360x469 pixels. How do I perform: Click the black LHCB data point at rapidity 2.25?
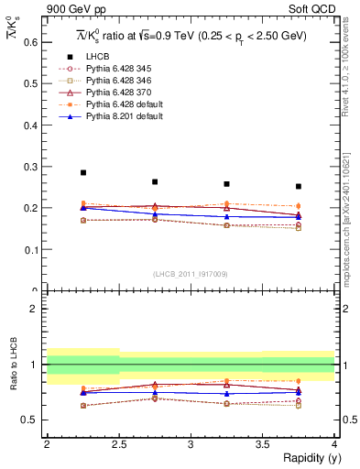(x=83, y=172)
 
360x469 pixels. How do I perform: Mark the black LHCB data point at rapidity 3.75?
(x=299, y=186)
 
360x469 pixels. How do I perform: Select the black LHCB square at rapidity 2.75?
(x=155, y=181)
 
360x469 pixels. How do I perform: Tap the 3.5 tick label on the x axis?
(x=262, y=443)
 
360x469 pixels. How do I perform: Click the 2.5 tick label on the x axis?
(x=119, y=443)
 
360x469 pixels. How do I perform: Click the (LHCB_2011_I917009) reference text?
(x=189, y=273)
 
